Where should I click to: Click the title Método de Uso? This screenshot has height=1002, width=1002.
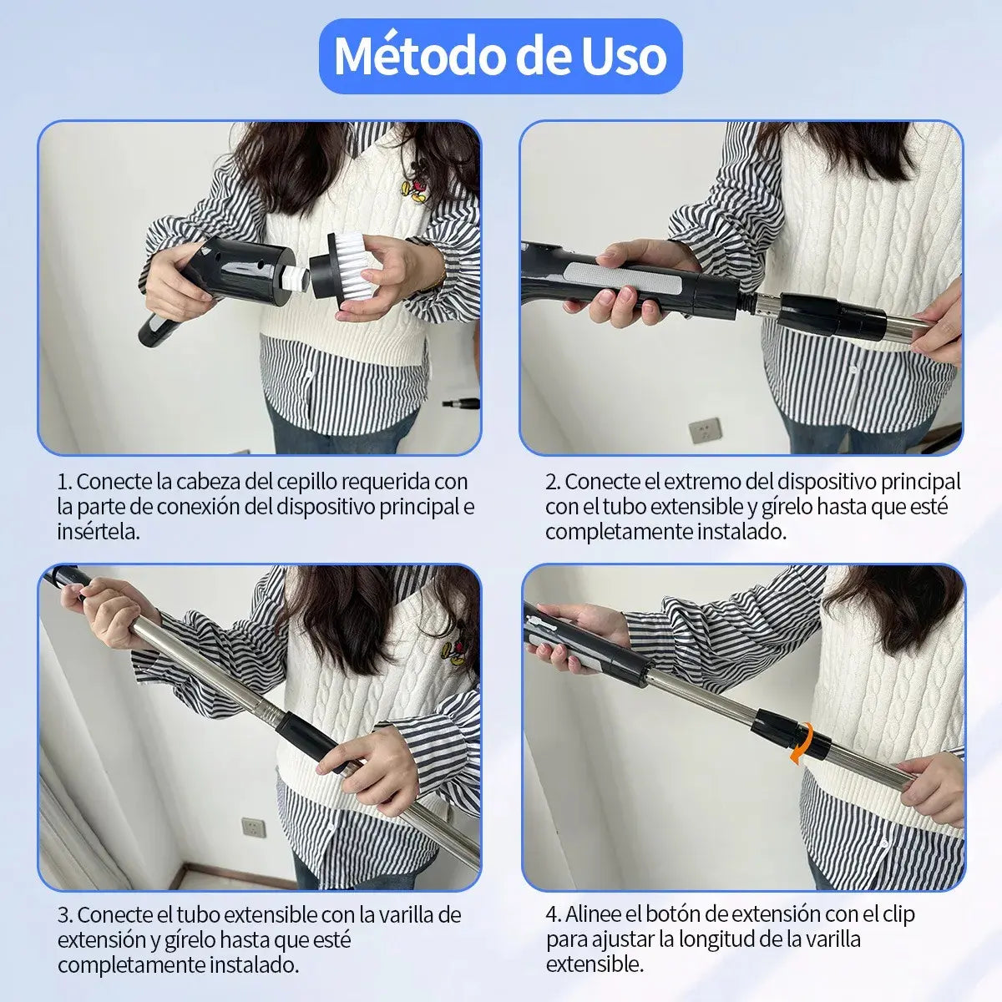tap(500, 56)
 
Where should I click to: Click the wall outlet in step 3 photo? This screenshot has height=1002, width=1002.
tap(251, 827)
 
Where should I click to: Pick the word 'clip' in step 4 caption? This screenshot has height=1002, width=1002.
tap(896, 915)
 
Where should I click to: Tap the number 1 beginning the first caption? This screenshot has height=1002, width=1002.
tap(63, 482)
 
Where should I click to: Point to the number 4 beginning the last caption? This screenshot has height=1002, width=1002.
tap(553, 915)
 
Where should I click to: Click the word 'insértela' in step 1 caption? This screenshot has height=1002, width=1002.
tap(97, 532)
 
